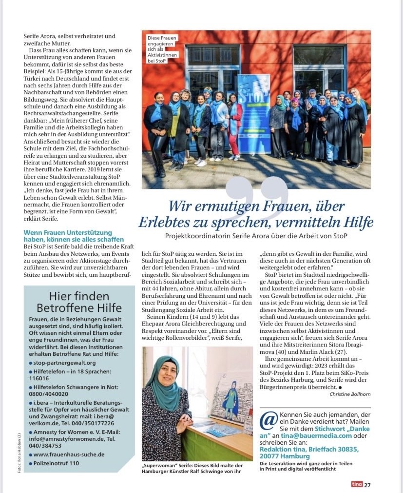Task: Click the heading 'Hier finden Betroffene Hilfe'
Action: [x=78, y=302]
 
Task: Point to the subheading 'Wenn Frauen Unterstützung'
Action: [x=68, y=233]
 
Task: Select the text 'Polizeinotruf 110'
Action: [x=56, y=463]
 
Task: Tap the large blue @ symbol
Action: [x=269, y=420]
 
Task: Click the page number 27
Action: [x=367, y=485]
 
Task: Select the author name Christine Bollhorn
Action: [x=350, y=394]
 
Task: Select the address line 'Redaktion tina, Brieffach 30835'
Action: [x=315, y=450]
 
